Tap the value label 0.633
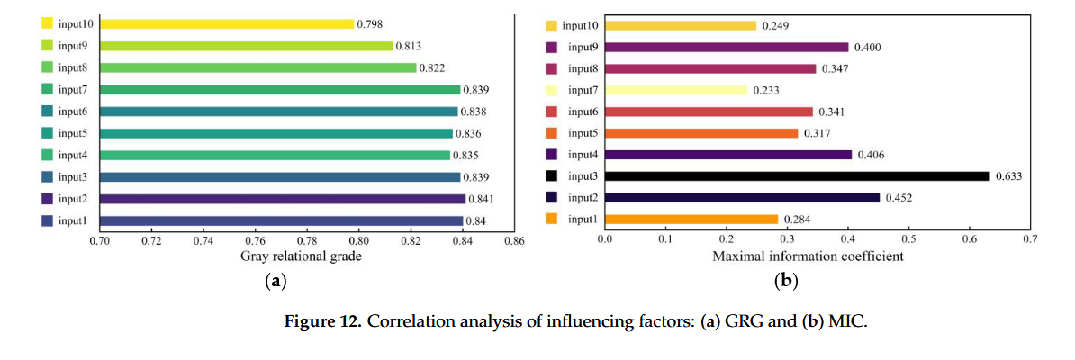pyautogui.click(x=1010, y=176)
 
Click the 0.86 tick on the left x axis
pyautogui.click(x=514, y=241)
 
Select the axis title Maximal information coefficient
pyautogui.click(x=808, y=256)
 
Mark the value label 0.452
pyautogui.click(x=900, y=198)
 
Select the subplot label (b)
pyautogui.click(x=786, y=282)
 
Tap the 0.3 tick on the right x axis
pyautogui.click(x=787, y=241)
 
